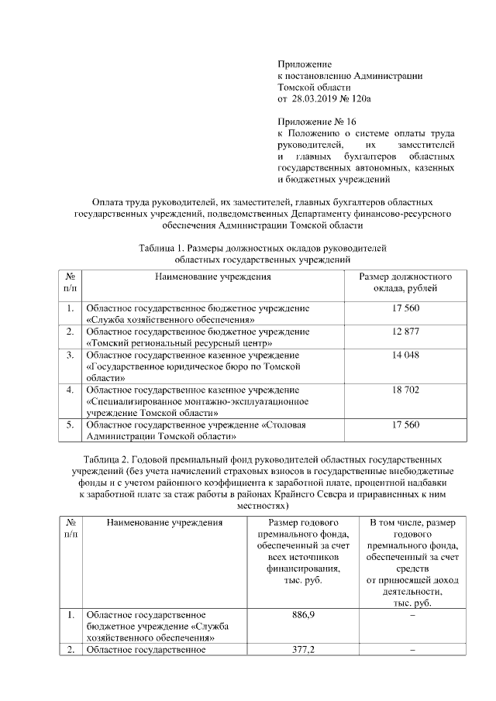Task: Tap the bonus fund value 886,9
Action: pos(301,614)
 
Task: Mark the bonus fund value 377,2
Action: pos(301,649)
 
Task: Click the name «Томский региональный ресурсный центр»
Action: pos(179,342)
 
